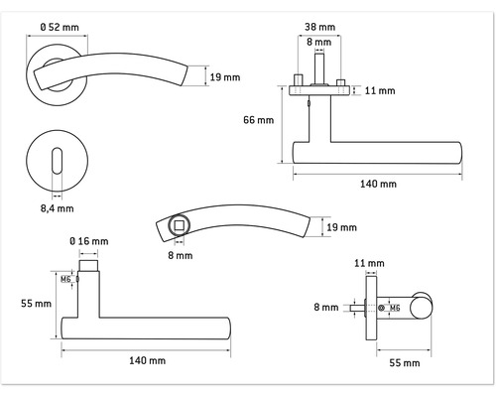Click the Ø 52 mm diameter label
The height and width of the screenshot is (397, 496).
click(60, 27)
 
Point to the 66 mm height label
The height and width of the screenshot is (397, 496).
click(259, 120)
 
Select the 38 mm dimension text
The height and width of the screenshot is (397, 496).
click(319, 27)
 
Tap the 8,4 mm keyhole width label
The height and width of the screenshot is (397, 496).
click(57, 208)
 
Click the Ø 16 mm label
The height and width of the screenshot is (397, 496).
click(89, 241)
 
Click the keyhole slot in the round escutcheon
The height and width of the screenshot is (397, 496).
click(57, 161)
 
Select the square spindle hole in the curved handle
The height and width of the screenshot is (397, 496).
click(179, 225)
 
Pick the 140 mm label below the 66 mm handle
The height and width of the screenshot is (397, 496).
click(378, 184)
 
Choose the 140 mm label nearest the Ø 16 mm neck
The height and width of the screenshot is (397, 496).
click(147, 360)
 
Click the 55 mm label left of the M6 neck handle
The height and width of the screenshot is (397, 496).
click(37, 304)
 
